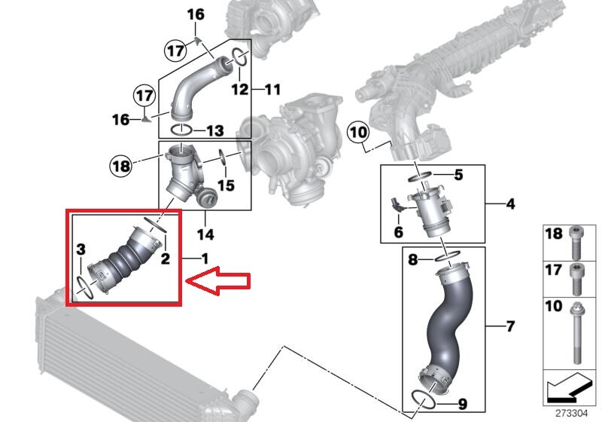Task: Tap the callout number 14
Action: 205,234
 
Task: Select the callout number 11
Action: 273,90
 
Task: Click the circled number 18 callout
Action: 121,166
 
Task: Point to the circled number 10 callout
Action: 358,133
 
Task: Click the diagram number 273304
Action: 571,414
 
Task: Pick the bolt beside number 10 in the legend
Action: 576,333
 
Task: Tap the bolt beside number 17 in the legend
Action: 576,280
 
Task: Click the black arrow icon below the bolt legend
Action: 567,387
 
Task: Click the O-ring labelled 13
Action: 181,130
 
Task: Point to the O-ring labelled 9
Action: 424,399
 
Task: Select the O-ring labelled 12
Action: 240,57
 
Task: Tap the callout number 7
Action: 510,327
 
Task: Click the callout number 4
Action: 510,204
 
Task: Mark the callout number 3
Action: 81,249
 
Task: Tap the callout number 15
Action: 226,185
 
